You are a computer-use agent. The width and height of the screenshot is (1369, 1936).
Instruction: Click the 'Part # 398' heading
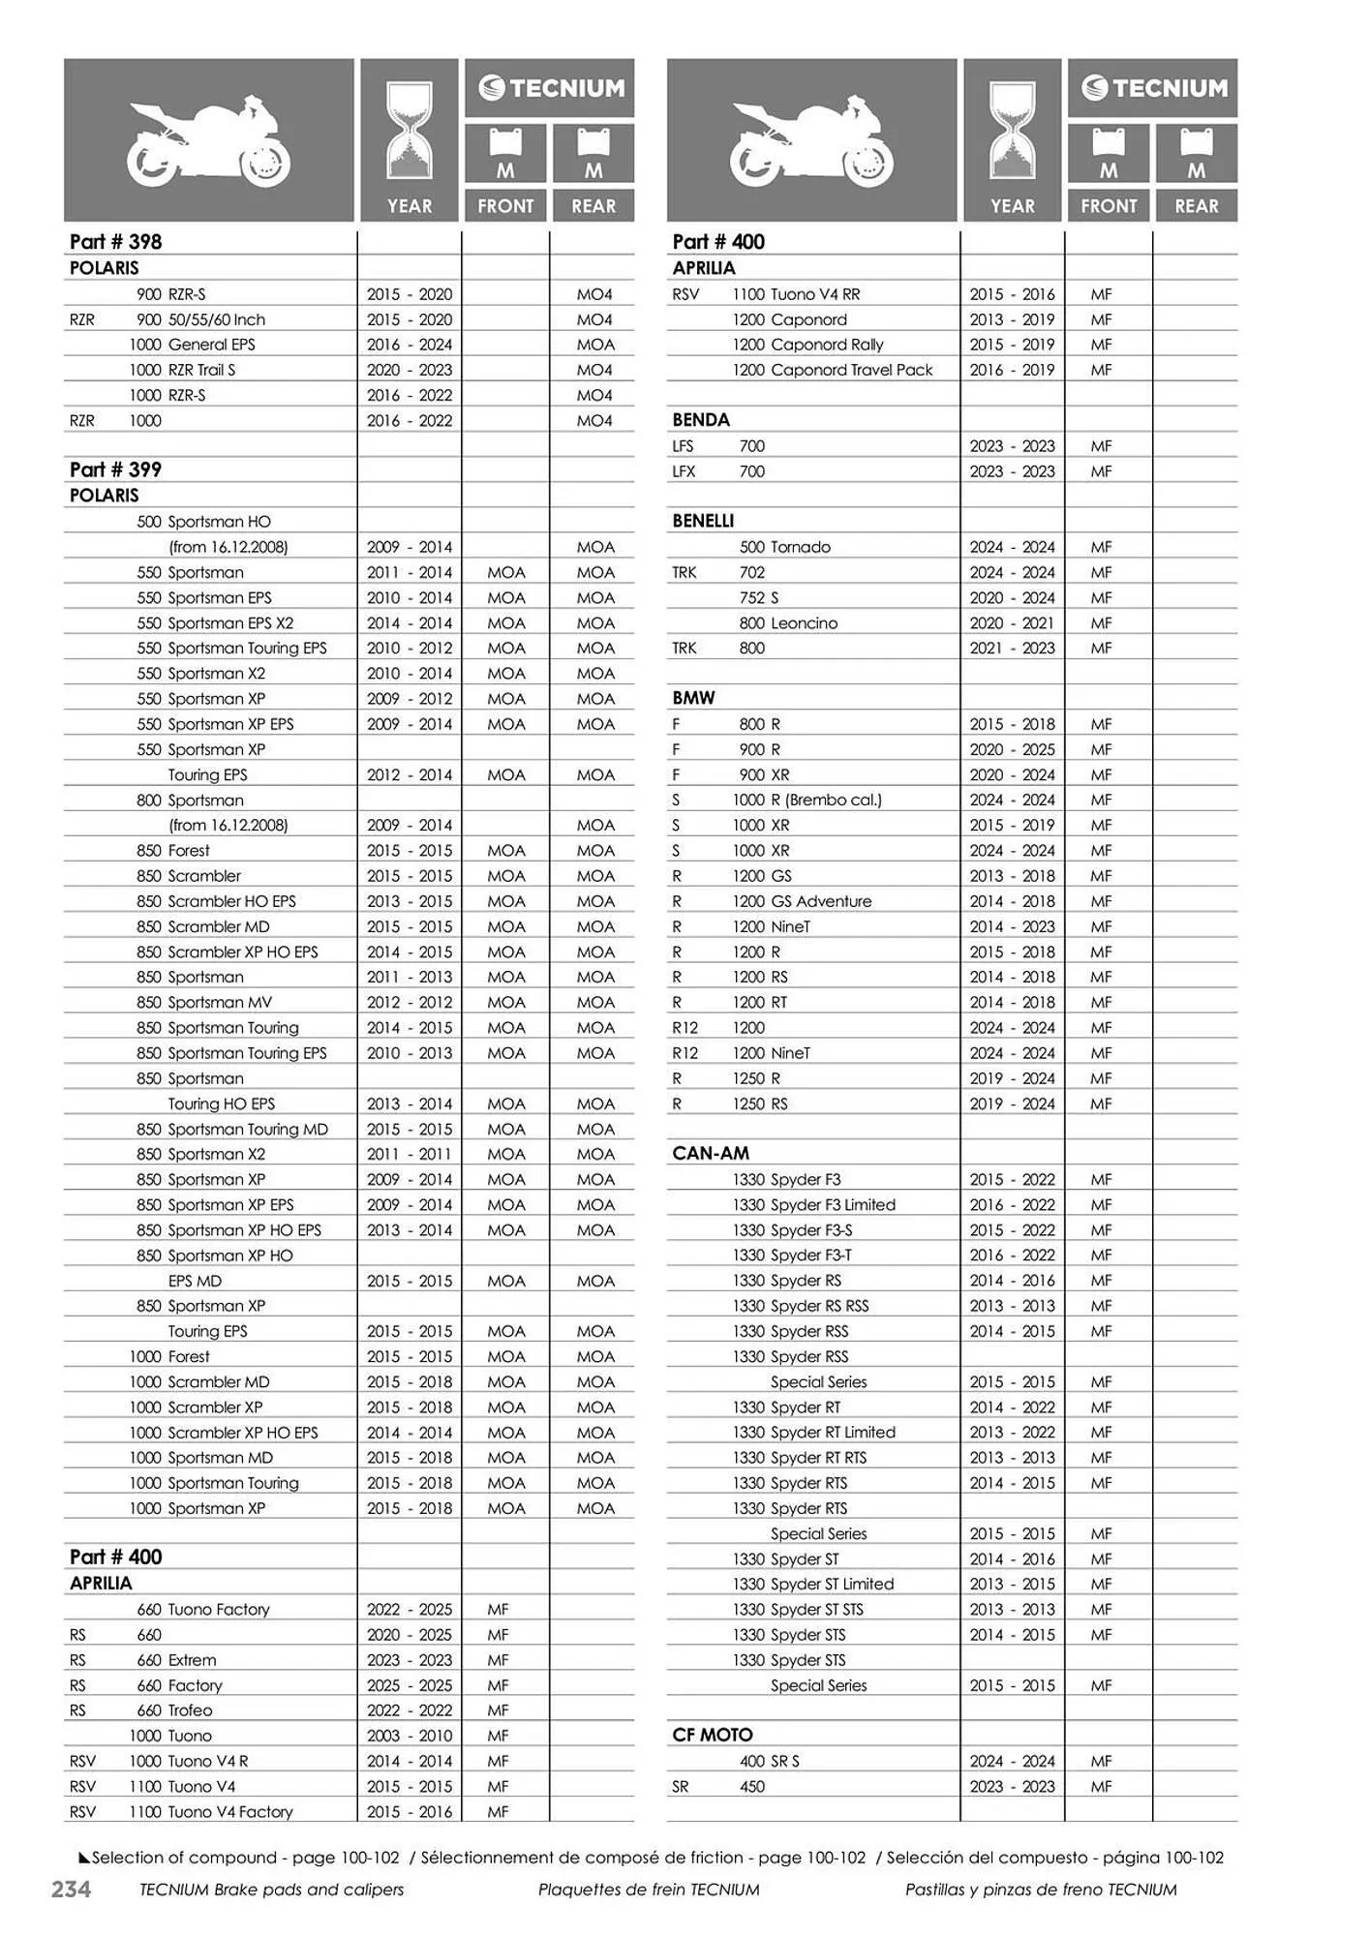(x=115, y=242)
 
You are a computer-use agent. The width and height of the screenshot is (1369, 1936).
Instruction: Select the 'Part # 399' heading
(x=115, y=469)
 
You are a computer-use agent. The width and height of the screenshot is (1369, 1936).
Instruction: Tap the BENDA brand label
(x=701, y=420)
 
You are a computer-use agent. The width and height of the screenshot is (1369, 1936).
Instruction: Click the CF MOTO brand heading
(x=712, y=1735)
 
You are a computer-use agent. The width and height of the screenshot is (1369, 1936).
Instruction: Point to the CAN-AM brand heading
(x=711, y=1153)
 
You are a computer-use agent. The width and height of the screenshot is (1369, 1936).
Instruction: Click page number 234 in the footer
(x=71, y=1889)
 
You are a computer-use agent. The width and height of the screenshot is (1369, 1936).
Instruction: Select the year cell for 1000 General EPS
(x=410, y=345)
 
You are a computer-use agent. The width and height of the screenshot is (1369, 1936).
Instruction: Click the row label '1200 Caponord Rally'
(x=807, y=345)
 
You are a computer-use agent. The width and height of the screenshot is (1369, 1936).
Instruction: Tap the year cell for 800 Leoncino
(x=1012, y=623)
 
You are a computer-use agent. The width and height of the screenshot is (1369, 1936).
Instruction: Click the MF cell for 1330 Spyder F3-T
(x=1101, y=1255)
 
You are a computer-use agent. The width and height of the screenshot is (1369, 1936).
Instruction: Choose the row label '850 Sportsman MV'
(x=204, y=1002)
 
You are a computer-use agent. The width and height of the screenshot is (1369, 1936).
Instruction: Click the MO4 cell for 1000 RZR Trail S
(x=594, y=370)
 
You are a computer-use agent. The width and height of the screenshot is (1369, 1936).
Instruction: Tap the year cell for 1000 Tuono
(x=410, y=1736)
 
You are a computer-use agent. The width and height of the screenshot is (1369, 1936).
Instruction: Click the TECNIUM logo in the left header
(x=550, y=88)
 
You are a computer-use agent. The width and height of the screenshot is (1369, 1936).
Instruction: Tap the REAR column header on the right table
(x=1196, y=205)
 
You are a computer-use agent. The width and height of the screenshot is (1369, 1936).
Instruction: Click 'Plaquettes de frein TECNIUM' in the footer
(x=649, y=1889)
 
